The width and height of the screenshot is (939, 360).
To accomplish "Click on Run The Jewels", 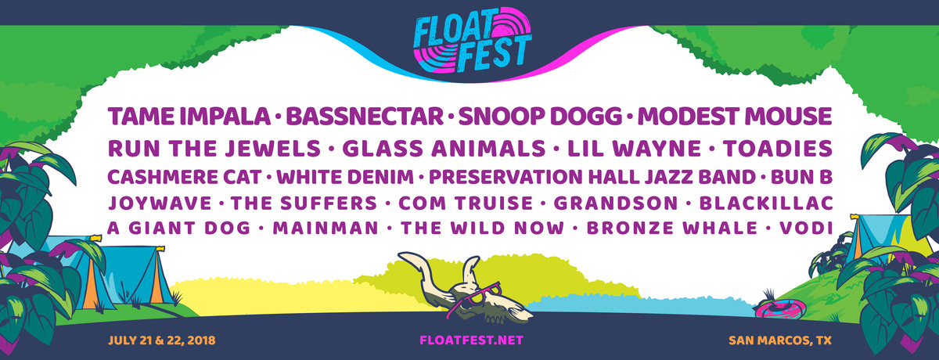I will click(214, 149).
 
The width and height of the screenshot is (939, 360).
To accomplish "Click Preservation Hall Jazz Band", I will click(592, 176).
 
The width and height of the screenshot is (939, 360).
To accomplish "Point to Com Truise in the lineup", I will click(465, 203).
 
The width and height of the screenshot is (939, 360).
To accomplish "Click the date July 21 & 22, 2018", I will click(163, 340).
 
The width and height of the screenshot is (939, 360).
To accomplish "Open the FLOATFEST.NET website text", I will click(470, 340).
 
